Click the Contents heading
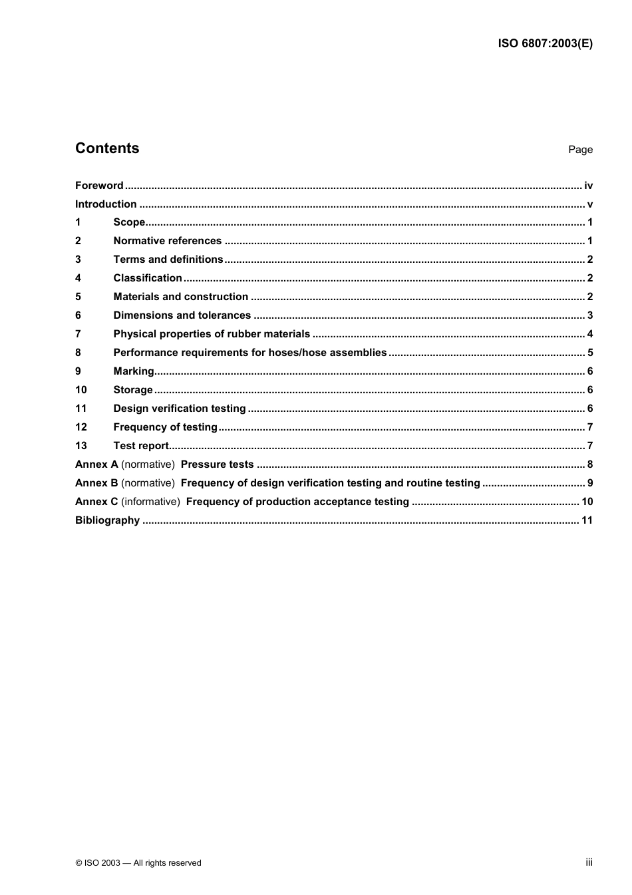107,148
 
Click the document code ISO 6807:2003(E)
545,44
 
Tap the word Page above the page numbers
580,150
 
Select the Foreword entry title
99,186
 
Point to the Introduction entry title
106,204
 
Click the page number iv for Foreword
588,186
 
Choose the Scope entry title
129,222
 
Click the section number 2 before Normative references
78,241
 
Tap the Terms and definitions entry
168,260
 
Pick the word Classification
148,278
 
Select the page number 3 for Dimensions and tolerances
590,315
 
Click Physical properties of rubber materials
212,334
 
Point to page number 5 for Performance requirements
590,353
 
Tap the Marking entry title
134,371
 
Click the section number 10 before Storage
80,390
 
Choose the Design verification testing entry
180,409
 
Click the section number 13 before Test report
80,446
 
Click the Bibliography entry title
107,520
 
